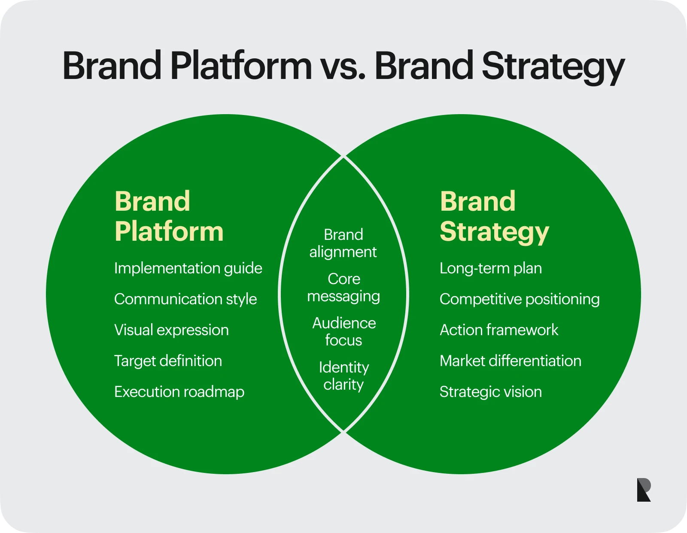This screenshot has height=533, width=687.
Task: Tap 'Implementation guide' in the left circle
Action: point(188,269)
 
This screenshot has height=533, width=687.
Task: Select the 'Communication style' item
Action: point(185,299)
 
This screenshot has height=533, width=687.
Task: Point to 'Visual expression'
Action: point(171,330)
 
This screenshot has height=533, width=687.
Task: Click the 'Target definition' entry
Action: point(168,360)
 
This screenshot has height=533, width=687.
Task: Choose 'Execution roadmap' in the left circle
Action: point(179,392)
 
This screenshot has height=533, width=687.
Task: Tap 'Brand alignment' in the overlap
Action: point(343,243)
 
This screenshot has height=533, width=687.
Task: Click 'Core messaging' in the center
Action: point(343,288)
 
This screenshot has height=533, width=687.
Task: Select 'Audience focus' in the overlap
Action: point(344,331)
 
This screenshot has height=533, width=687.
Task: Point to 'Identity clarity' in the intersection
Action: point(343,376)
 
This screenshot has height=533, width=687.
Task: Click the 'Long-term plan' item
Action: point(491,269)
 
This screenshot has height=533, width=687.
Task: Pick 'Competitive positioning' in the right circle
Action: point(520,299)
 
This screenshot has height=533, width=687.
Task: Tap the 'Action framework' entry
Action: point(499,330)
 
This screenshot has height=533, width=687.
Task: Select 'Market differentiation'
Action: point(510,361)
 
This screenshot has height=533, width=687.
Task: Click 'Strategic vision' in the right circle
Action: point(491,392)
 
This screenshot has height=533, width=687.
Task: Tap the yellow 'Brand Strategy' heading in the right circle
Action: point(494,218)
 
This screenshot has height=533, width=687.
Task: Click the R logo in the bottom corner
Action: point(644,490)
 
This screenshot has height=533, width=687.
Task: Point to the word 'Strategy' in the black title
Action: point(553,67)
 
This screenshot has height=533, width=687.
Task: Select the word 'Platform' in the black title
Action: point(241,65)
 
